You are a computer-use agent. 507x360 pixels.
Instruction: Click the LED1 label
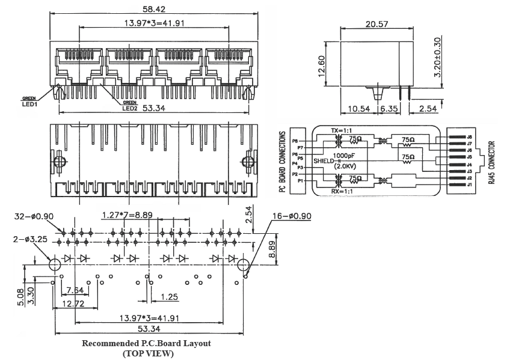click(29, 103)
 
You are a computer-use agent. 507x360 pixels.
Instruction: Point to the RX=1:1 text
click(342, 192)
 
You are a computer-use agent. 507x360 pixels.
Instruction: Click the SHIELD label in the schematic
click(323, 161)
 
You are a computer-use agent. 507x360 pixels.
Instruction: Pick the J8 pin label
click(469, 138)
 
